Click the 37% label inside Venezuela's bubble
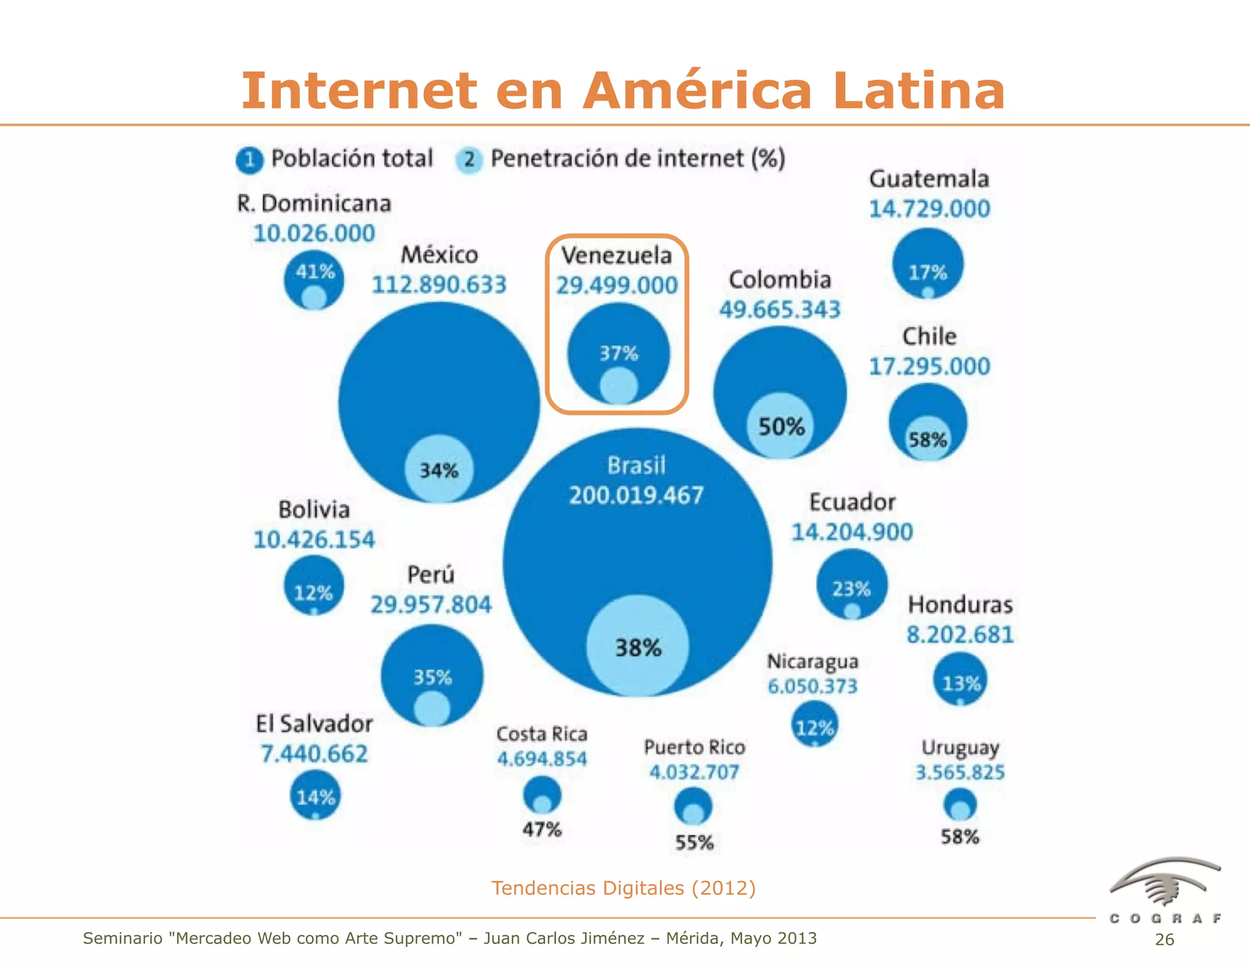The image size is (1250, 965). [618, 353]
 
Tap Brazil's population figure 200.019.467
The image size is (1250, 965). [636, 495]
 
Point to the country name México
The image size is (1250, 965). [439, 255]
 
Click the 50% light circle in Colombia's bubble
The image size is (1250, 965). [781, 426]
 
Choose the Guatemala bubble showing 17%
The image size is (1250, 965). [928, 264]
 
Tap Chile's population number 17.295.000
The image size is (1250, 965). [929, 367]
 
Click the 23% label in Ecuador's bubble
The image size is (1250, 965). [851, 589]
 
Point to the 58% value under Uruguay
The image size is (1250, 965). [959, 836]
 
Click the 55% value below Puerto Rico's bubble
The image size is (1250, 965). [694, 842]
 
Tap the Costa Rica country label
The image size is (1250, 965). [541, 734]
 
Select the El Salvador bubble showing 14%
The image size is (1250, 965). [315, 795]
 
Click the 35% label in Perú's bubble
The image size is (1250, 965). [433, 677]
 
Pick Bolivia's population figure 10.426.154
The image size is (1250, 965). [314, 540]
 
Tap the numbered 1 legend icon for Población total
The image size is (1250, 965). [249, 160]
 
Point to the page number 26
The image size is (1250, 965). [1164, 939]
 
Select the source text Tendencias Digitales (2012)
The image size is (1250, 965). [623, 888]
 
